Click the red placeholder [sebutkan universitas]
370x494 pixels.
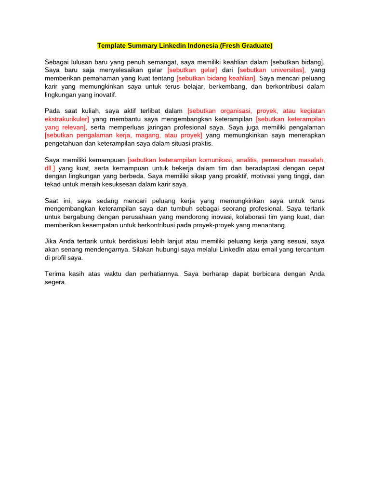tap(272, 70)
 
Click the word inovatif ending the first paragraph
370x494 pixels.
tap(105, 95)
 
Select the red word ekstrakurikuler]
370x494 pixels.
tap(67, 119)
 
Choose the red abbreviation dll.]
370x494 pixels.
tap(50, 168)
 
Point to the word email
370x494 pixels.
tap(263, 250)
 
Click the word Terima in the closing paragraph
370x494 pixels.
tap(55, 274)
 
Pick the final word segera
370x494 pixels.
tap(55, 282)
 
